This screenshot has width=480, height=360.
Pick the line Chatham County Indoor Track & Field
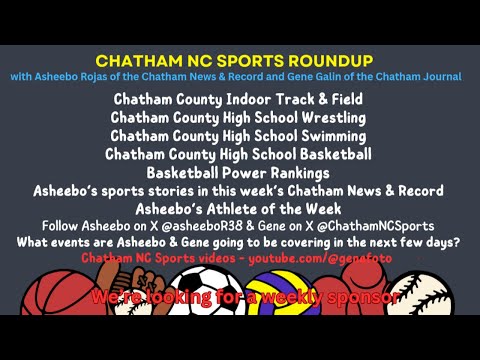(237, 99)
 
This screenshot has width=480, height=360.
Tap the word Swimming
(324, 136)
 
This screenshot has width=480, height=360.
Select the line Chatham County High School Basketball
(238, 154)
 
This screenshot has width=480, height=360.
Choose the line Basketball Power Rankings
(238, 172)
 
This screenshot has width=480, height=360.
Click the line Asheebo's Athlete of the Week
(238, 208)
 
